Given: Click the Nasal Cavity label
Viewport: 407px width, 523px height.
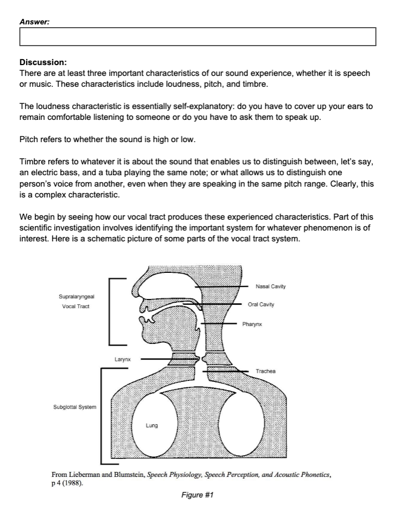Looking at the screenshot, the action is click(x=270, y=286).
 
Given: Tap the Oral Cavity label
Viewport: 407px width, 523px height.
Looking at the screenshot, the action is click(x=260, y=304).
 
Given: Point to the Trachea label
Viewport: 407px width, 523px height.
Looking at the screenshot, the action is click(x=265, y=371).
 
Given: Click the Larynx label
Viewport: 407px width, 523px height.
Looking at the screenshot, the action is click(x=121, y=359).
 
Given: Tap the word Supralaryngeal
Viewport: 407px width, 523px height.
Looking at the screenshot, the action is click(x=75, y=297).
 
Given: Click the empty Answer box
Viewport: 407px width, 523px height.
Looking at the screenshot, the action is click(x=198, y=36).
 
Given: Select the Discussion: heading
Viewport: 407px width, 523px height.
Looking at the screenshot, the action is click(x=43, y=62).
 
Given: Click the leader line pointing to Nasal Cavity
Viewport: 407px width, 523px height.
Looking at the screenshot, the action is click(x=222, y=286).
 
